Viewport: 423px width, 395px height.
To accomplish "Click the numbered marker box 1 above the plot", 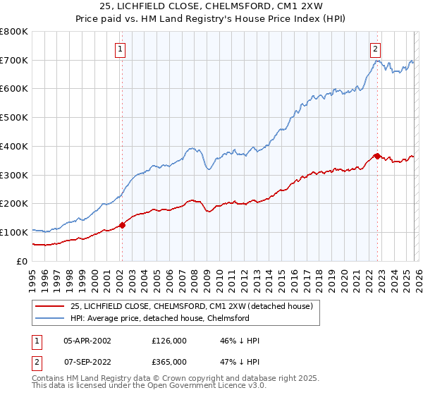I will [121, 49].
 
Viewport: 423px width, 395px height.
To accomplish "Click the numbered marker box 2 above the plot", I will [375, 49].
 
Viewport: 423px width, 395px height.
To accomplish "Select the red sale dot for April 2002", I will [122, 225].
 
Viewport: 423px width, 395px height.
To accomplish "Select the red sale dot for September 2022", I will [377, 156].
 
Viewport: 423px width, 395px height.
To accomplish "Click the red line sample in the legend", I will [50, 306].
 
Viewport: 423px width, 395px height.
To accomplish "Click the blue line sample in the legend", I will [50, 318].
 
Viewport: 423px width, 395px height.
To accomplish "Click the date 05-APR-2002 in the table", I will [87, 341].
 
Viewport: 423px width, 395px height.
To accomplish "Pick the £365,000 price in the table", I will [168, 362].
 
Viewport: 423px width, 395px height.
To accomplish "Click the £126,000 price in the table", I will [168, 341].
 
